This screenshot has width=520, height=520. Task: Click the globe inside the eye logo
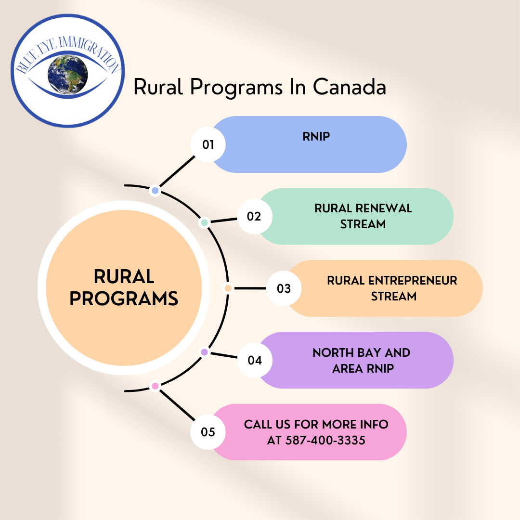point(68,75)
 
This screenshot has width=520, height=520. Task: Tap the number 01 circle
point(208,144)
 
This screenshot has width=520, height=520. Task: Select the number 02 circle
point(254,217)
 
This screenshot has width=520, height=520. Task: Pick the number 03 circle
point(284,288)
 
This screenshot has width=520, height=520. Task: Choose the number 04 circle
point(254,360)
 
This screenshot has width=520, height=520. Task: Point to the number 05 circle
point(208,432)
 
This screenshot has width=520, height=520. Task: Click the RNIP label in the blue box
point(316,136)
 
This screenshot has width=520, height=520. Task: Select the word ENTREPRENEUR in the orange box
point(413,281)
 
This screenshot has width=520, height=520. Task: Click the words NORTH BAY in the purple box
point(347,352)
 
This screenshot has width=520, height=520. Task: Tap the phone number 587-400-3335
point(325,440)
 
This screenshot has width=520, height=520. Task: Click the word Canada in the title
point(350,87)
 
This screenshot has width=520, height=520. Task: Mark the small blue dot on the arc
point(155,191)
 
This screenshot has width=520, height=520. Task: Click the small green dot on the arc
point(205,222)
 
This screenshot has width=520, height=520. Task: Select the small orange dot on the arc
point(228,288)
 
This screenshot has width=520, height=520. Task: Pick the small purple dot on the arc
point(205,352)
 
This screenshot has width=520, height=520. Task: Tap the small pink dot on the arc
point(155,386)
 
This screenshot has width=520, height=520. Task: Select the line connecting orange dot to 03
point(250,288)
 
